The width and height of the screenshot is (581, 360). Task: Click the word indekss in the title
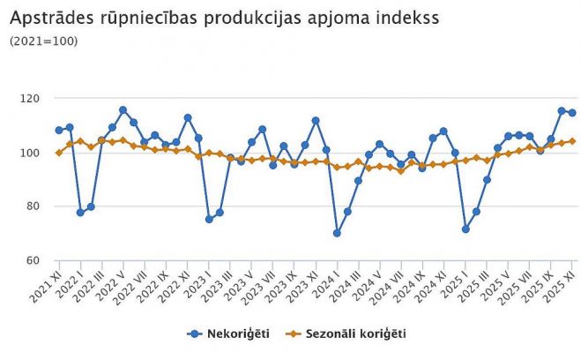point(403,17)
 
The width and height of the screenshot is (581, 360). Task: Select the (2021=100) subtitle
point(43,41)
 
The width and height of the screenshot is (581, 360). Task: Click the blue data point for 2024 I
point(337,233)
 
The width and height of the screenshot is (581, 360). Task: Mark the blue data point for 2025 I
point(466,229)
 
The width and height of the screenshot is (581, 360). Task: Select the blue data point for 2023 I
point(209,219)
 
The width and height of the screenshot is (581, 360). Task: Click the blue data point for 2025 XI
point(572,113)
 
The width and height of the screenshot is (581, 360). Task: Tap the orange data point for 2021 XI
point(59,153)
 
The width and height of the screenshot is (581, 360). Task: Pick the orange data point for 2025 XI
point(572,141)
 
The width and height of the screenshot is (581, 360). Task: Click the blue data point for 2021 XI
point(59,131)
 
